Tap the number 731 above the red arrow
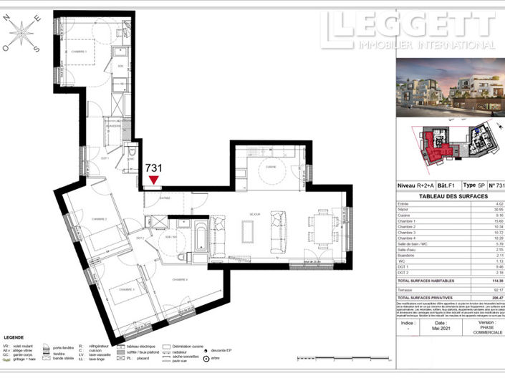[153, 168]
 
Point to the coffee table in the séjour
[248, 231]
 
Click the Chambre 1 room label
[78, 52]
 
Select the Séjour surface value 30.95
[495, 210]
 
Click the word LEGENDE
[15, 336]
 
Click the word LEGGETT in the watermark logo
[408, 25]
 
